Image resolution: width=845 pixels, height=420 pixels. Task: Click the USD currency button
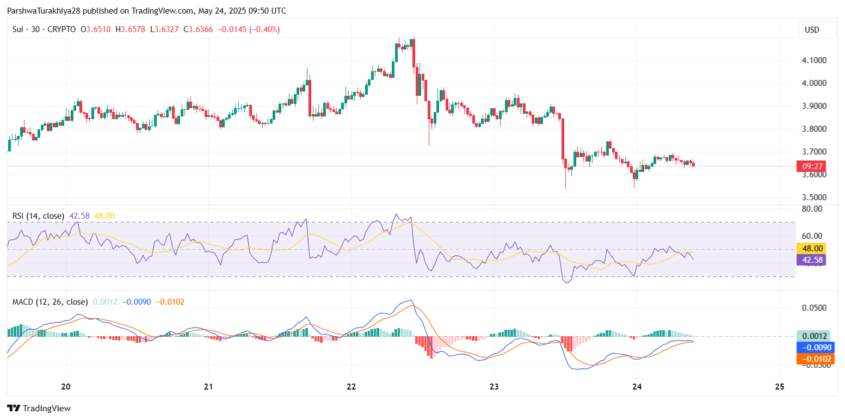[x=812, y=30]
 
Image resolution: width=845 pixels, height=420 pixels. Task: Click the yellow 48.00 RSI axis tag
[x=811, y=248]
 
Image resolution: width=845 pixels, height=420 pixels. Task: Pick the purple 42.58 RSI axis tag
[x=811, y=260]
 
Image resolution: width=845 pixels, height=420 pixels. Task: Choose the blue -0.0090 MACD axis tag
[x=811, y=347]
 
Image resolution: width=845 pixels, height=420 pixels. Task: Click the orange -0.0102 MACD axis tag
[x=811, y=359]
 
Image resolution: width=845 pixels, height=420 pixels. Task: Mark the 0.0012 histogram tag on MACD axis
[x=811, y=336]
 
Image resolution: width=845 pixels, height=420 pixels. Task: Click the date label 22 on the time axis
[x=351, y=387]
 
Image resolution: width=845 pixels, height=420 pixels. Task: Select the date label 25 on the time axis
[x=779, y=387]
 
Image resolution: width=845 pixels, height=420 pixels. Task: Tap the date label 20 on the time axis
[x=66, y=387]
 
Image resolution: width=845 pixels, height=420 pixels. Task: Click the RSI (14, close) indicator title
[x=38, y=216]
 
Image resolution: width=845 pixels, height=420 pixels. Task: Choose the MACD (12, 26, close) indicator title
[x=50, y=301]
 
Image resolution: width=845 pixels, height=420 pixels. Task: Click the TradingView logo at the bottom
[x=39, y=408]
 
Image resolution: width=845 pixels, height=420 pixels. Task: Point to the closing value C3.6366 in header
[x=199, y=29]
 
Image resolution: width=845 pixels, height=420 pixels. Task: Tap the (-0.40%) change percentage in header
[x=264, y=29]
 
